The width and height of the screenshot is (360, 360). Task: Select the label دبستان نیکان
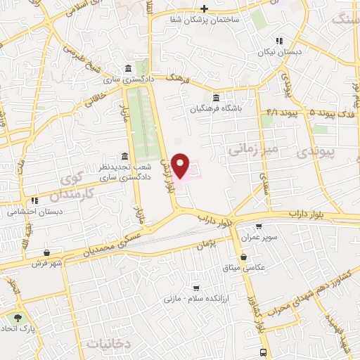pyautogui.click(x=287, y=52)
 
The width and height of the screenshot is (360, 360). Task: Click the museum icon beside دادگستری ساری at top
pyautogui.click(x=127, y=69)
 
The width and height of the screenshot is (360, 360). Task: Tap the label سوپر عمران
pyautogui.click(x=259, y=238)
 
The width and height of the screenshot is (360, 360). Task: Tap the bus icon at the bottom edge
pyautogui.click(x=263, y=352)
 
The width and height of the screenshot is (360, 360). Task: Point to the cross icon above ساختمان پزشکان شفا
pyautogui.click(x=204, y=8)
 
